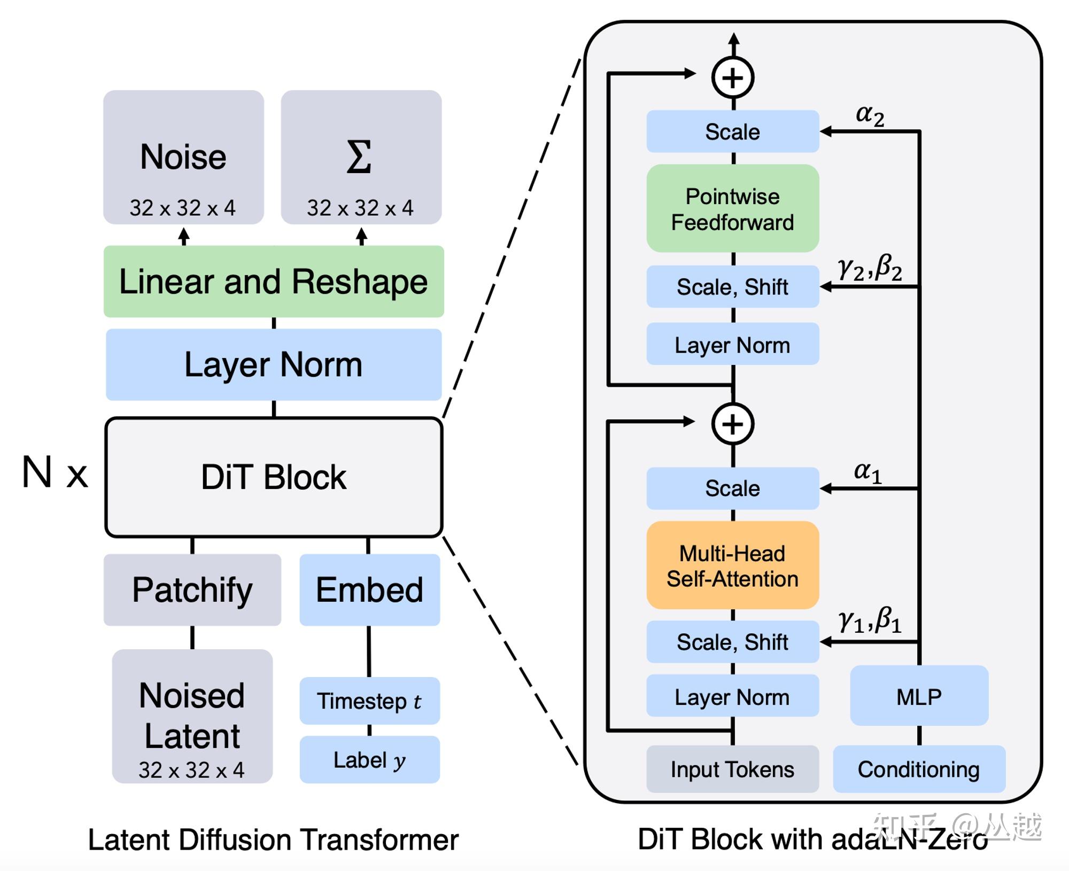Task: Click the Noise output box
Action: coord(183,157)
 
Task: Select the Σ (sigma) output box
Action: coord(361,157)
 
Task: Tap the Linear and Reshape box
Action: coord(273,282)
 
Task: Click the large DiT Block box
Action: coord(273,477)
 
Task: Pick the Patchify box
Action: coord(192,589)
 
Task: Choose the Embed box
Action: coord(369,589)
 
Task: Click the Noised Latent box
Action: coord(192,716)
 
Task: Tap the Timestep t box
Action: coord(369,701)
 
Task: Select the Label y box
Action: coord(369,759)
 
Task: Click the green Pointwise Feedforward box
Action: coord(732,208)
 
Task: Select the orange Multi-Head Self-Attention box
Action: coord(732,565)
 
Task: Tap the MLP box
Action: coord(919,696)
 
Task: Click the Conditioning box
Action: coord(919,769)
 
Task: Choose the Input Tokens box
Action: coord(732,769)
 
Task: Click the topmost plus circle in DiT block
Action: coord(733,78)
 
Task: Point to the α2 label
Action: coord(870,115)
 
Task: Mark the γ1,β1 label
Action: coord(870,621)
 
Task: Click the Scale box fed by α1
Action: coord(732,488)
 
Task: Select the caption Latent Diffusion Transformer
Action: coord(273,839)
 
